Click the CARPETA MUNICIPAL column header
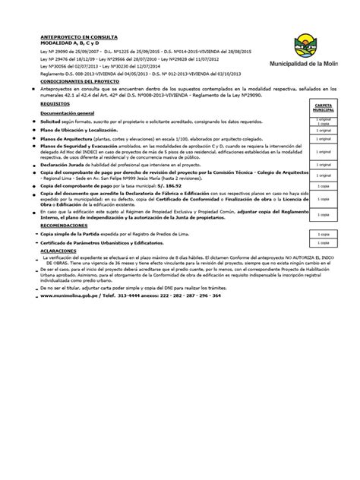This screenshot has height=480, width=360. click(x=322, y=109)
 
